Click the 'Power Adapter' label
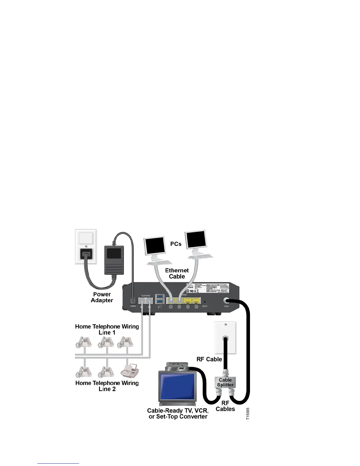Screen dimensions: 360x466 pyautogui.click(x=102, y=297)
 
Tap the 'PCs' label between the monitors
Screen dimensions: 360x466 pyautogui.click(x=176, y=244)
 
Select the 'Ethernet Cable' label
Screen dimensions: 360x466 pyautogui.click(x=177, y=273)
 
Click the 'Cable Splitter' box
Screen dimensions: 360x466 pyautogui.click(x=225, y=382)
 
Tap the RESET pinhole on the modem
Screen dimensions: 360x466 pyautogui.click(x=205, y=302)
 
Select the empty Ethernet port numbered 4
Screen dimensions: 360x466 pyautogui.click(x=196, y=301)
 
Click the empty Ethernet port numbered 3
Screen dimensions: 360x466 pyautogui.click(x=188, y=301)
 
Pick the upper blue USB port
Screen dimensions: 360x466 pyautogui.click(x=160, y=296)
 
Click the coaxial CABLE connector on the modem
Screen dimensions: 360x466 pyautogui.click(x=227, y=301)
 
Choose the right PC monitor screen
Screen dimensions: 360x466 pyautogui.click(x=196, y=239)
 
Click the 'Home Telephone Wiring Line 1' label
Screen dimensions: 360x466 pyautogui.click(x=107, y=329)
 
